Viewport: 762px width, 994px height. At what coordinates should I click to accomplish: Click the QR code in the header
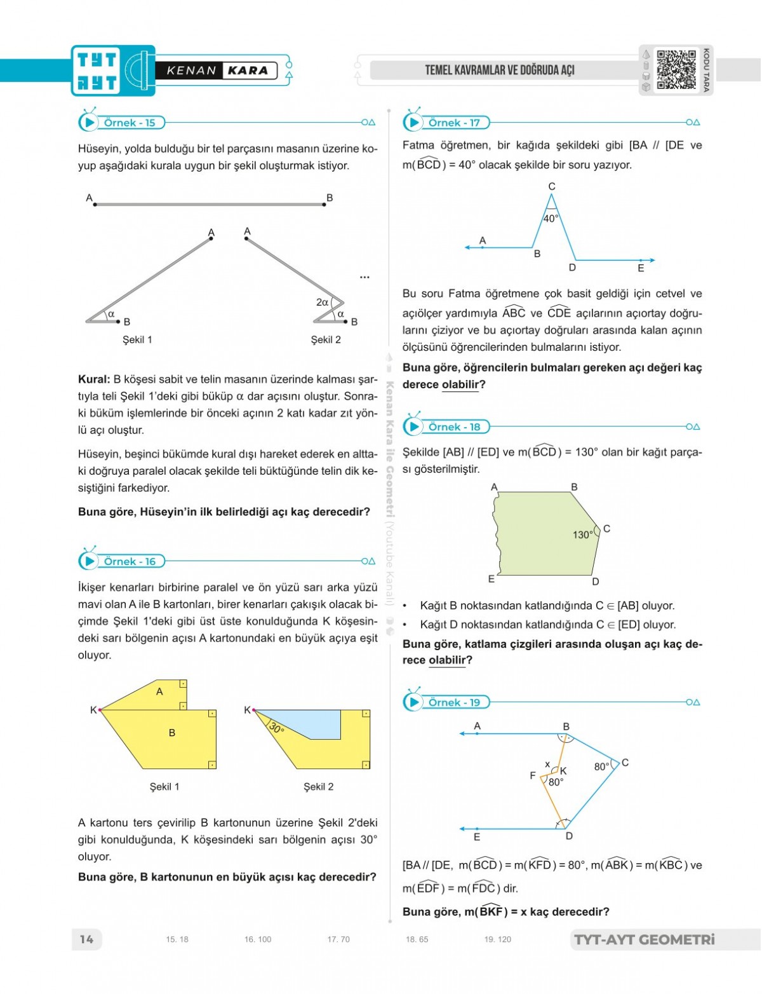click(x=676, y=70)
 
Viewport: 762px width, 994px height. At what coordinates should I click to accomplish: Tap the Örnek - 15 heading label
click(x=130, y=123)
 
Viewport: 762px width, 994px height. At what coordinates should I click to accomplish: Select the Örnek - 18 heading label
click(x=454, y=427)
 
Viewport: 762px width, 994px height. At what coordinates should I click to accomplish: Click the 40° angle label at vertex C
click(x=551, y=219)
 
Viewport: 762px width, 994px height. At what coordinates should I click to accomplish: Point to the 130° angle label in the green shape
click(x=582, y=534)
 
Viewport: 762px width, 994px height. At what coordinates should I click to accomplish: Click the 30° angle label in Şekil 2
click(x=276, y=727)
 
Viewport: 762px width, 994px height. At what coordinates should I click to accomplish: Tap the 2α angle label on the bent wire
click(x=323, y=303)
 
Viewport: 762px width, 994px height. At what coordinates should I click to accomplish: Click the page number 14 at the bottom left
click(x=86, y=939)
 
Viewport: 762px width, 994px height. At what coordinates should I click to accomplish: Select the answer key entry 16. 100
click(x=257, y=939)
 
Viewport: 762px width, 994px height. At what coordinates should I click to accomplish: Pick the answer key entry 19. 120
click(x=497, y=939)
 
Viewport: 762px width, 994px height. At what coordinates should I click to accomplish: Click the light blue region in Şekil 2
click(x=305, y=723)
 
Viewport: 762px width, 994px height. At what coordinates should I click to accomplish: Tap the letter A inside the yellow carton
click(x=159, y=691)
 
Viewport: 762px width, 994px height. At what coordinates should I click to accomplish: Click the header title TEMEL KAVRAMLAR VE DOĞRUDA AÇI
click(x=500, y=70)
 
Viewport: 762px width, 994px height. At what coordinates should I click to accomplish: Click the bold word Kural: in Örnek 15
click(x=94, y=379)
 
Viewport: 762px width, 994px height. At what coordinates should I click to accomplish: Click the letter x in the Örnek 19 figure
click(x=547, y=764)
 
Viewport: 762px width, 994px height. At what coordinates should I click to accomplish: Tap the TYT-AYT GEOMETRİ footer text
click(x=644, y=939)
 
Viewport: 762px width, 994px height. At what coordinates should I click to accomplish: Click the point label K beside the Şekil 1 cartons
click(x=93, y=710)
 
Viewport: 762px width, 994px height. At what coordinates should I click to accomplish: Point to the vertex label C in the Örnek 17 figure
click(x=552, y=186)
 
